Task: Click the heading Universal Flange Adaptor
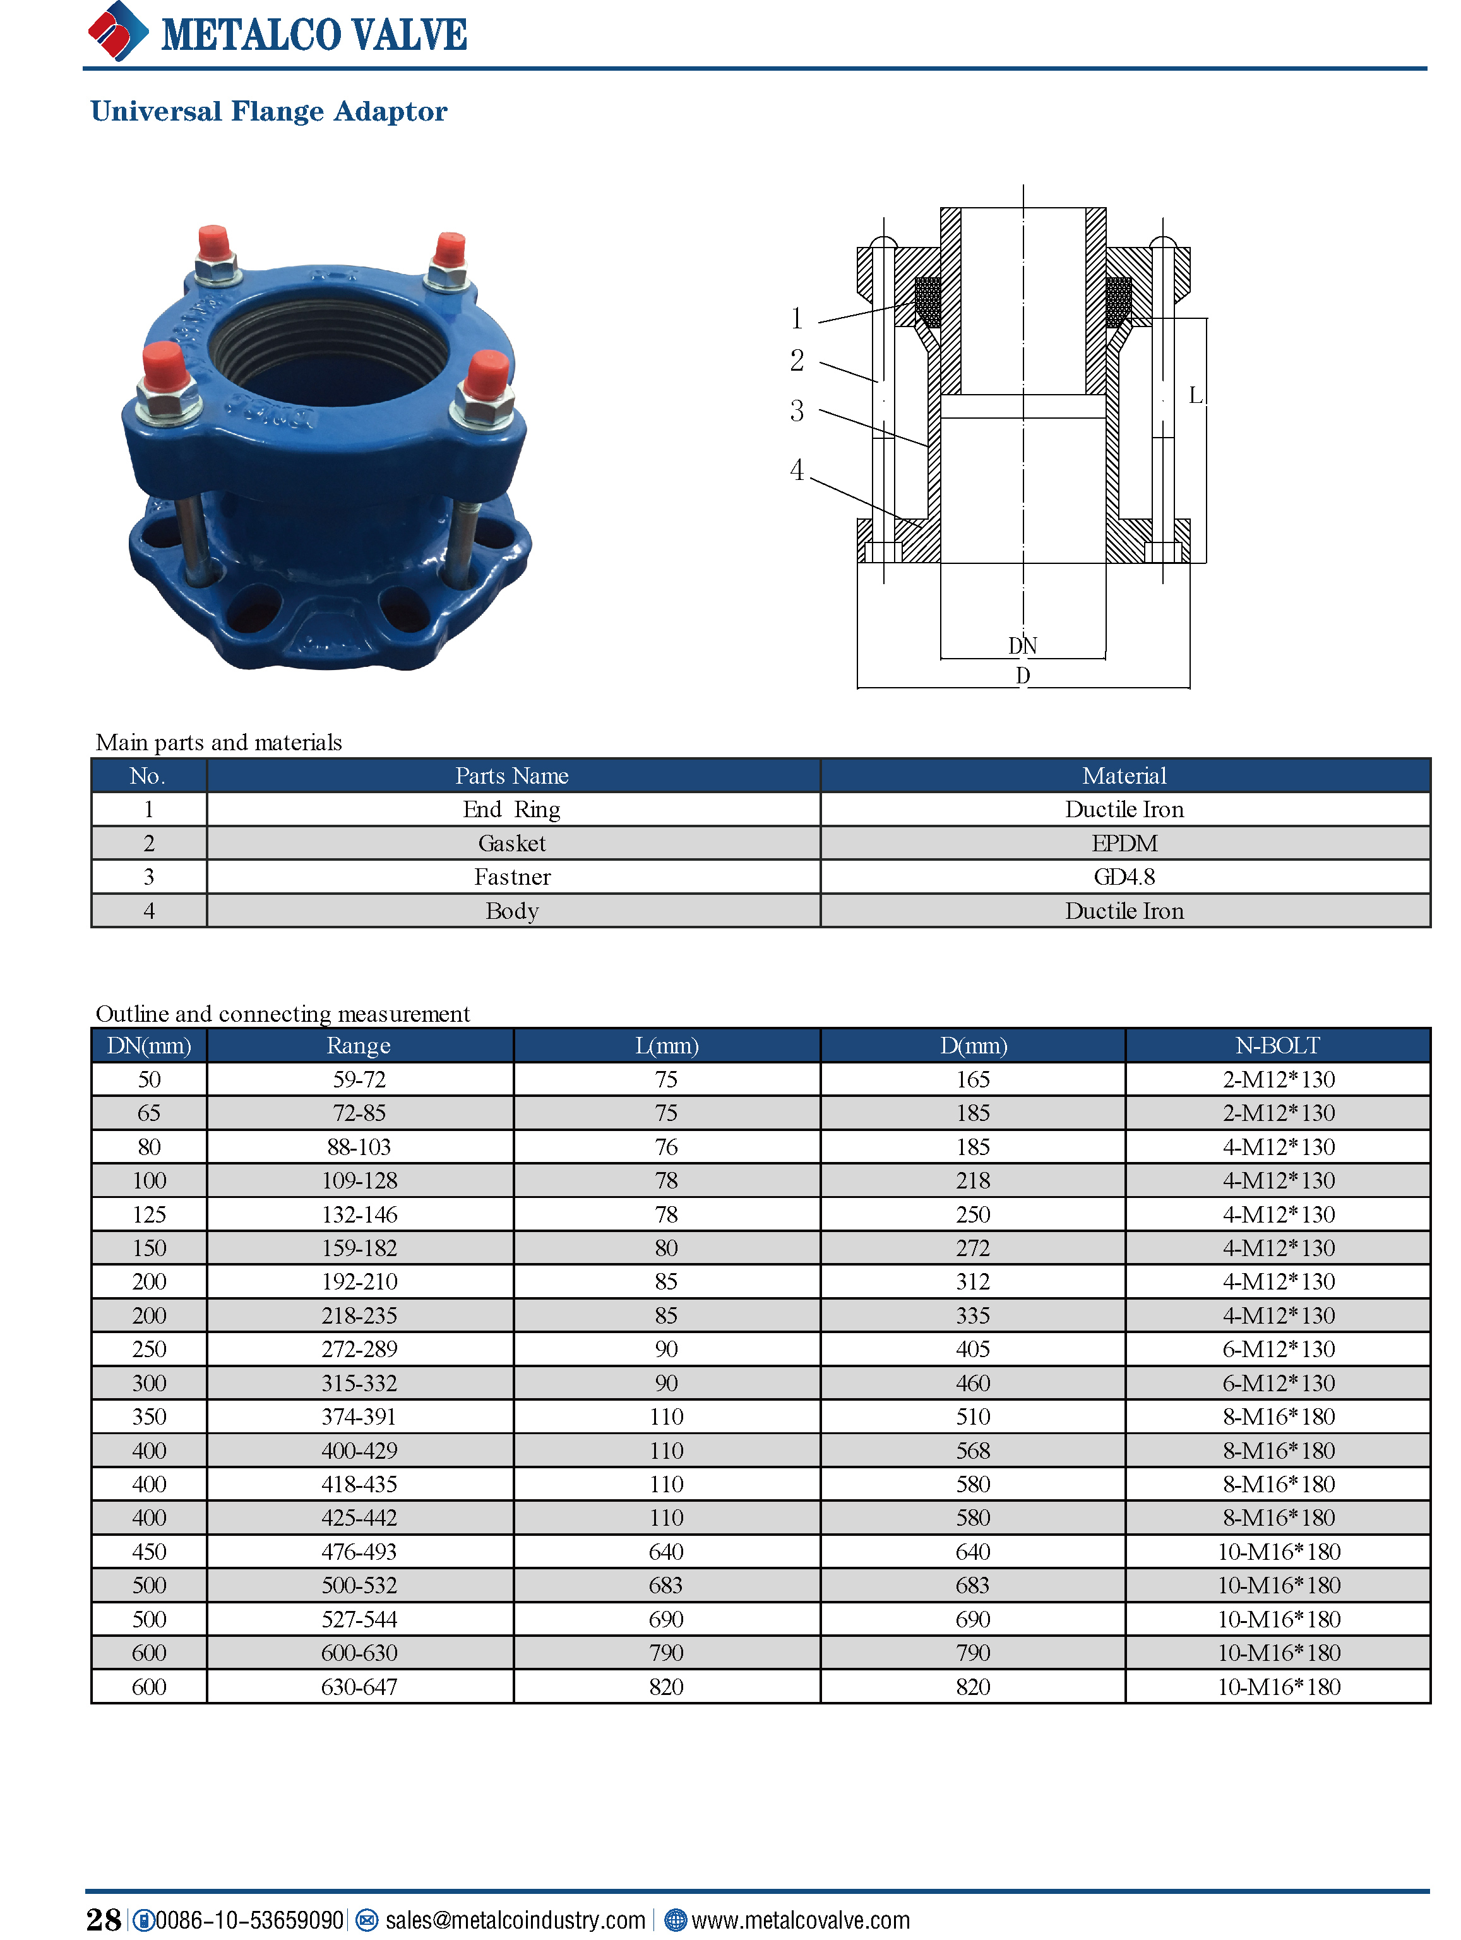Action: point(268,111)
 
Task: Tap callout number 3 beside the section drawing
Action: point(796,410)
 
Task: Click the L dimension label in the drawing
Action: point(1195,395)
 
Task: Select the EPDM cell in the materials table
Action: point(1124,843)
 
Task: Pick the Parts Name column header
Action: point(512,775)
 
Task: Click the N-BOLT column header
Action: point(1278,1045)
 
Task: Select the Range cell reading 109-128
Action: point(359,1180)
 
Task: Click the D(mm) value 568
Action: point(972,1451)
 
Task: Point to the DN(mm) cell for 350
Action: point(149,1416)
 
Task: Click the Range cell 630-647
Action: point(359,1687)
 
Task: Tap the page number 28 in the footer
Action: point(104,1920)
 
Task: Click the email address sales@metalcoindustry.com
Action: point(515,1920)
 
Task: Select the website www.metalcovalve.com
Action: point(800,1920)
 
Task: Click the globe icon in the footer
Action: point(674,1920)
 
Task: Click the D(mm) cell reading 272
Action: point(972,1248)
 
